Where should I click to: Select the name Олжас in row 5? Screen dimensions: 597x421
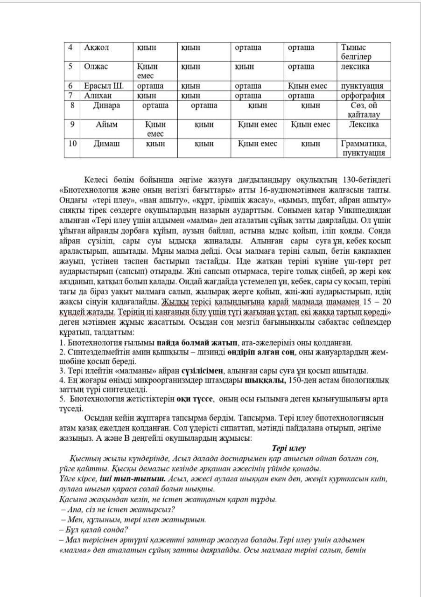click(96, 67)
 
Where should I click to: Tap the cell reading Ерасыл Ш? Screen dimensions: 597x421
click(104, 86)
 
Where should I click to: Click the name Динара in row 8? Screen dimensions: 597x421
click(106, 105)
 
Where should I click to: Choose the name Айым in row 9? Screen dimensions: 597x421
click(106, 125)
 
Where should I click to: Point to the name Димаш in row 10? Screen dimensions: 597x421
click(106, 144)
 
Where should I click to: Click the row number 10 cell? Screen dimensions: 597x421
click(72, 144)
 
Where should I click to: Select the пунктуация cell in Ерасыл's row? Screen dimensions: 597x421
click(362, 86)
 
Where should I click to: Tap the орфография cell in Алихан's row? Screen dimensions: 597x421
click(362, 96)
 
